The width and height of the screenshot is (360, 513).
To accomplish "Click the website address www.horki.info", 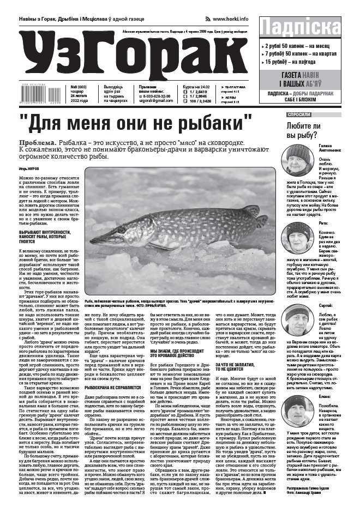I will (x=231, y=19).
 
